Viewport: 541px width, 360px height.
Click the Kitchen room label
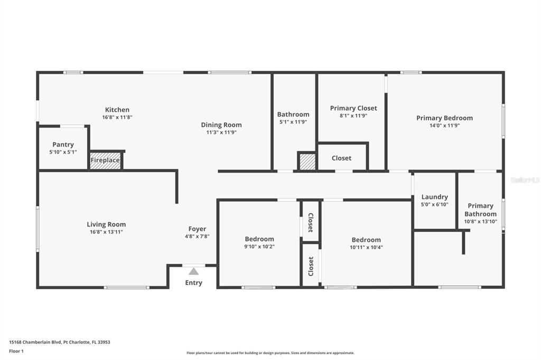coord(117,110)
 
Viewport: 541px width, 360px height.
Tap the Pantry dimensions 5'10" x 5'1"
coord(63,152)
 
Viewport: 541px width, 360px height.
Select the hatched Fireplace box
coord(105,160)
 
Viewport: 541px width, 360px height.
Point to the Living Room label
coord(106,224)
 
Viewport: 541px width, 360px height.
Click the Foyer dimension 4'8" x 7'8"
coord(197,236)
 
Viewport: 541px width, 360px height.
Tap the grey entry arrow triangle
coord(194,271)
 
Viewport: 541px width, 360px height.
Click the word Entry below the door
coord(193,283)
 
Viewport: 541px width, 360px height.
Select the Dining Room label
coord(221,125)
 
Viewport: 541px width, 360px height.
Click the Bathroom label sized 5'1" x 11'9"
coord(293,115)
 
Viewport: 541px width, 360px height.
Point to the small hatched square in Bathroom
coord(307,162)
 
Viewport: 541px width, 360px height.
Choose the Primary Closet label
coord(353,108)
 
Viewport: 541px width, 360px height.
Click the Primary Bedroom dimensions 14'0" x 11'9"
coord(444,126)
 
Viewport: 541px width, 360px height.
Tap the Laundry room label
coord(434,197)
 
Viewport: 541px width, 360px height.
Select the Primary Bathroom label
coord(480,210)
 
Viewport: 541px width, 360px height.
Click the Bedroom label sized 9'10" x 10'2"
coord(259,239)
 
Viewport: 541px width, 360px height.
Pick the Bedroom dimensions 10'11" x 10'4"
coord(366,247)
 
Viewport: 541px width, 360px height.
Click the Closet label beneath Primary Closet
coord(341,158)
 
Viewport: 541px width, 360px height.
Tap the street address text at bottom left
coord(59,342)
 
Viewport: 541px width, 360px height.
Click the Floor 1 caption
coord(16,350)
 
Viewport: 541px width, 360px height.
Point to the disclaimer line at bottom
coord(270,353)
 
